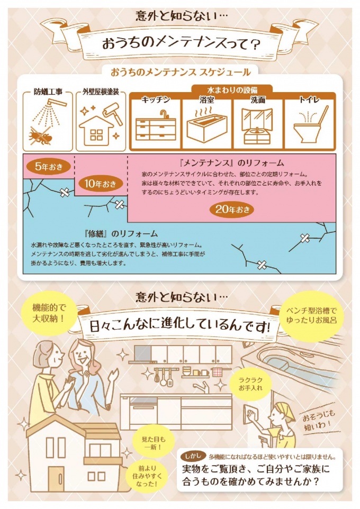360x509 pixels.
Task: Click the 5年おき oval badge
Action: (x=49, y=167)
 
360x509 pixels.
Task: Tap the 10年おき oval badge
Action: (x=101, y=184)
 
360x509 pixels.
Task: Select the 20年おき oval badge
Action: (x=232, y=210)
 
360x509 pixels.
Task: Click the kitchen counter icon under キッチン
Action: (x=156, y=126)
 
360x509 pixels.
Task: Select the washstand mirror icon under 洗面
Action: (x=257, y=125)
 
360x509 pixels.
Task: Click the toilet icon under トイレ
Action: (x=310, y=124)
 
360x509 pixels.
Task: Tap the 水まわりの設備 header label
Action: (x=232, y=89)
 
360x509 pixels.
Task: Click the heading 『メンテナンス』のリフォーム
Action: (x=232, y=162)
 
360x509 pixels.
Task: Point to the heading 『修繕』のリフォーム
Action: (x=121, y=233)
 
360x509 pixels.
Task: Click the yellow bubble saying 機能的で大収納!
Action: (x=49, y=313)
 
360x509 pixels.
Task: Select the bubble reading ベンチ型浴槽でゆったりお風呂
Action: (x=311, y=315)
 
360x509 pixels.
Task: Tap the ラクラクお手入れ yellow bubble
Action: (x=250, y=384)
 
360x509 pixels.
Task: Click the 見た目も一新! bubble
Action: (x=154, y=443)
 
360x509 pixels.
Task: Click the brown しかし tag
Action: (x=193, y=456)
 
